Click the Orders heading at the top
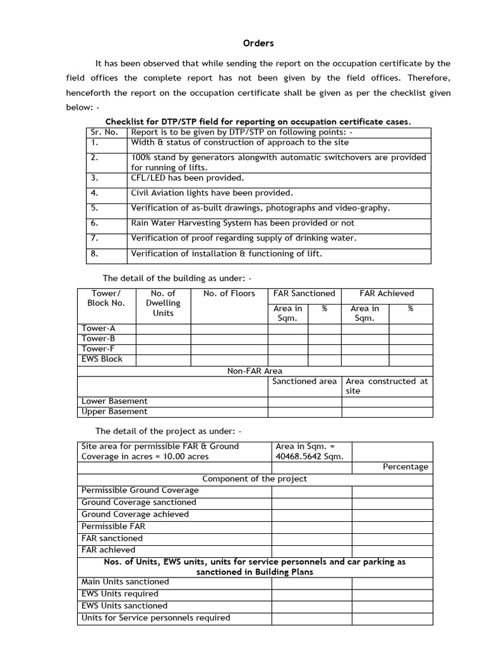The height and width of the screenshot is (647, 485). tap(259, 43)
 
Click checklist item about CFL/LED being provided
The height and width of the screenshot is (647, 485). tap(187, 178)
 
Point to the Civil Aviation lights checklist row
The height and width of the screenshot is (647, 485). tap(212, 193)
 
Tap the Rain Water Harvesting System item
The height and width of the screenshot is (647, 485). tap(242, 223)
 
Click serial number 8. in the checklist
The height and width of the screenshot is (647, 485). tap(94, 254)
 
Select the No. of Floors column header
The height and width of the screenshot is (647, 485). tap(229, 293)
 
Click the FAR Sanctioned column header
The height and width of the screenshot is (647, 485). tap(304, 293)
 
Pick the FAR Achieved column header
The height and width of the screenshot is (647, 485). tap(386, 293)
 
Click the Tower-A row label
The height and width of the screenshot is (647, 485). tap(99, 329)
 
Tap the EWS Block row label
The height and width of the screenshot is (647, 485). tap(102, 359)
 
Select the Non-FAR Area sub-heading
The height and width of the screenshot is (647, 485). tap(254, 371)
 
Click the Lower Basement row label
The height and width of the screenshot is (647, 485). tap(114, 401)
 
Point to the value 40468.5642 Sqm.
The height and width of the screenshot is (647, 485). tap(310, 457)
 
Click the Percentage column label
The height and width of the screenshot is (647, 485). tap(405, 467)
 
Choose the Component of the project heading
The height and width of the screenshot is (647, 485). tap(254, 479)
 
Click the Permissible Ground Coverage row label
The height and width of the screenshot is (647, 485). tap(140, 490)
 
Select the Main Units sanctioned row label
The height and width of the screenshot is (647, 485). tap(125, 581)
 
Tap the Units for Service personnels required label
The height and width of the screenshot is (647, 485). tap(155, 618)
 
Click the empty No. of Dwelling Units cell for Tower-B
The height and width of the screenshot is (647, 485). tap(163, 339)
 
